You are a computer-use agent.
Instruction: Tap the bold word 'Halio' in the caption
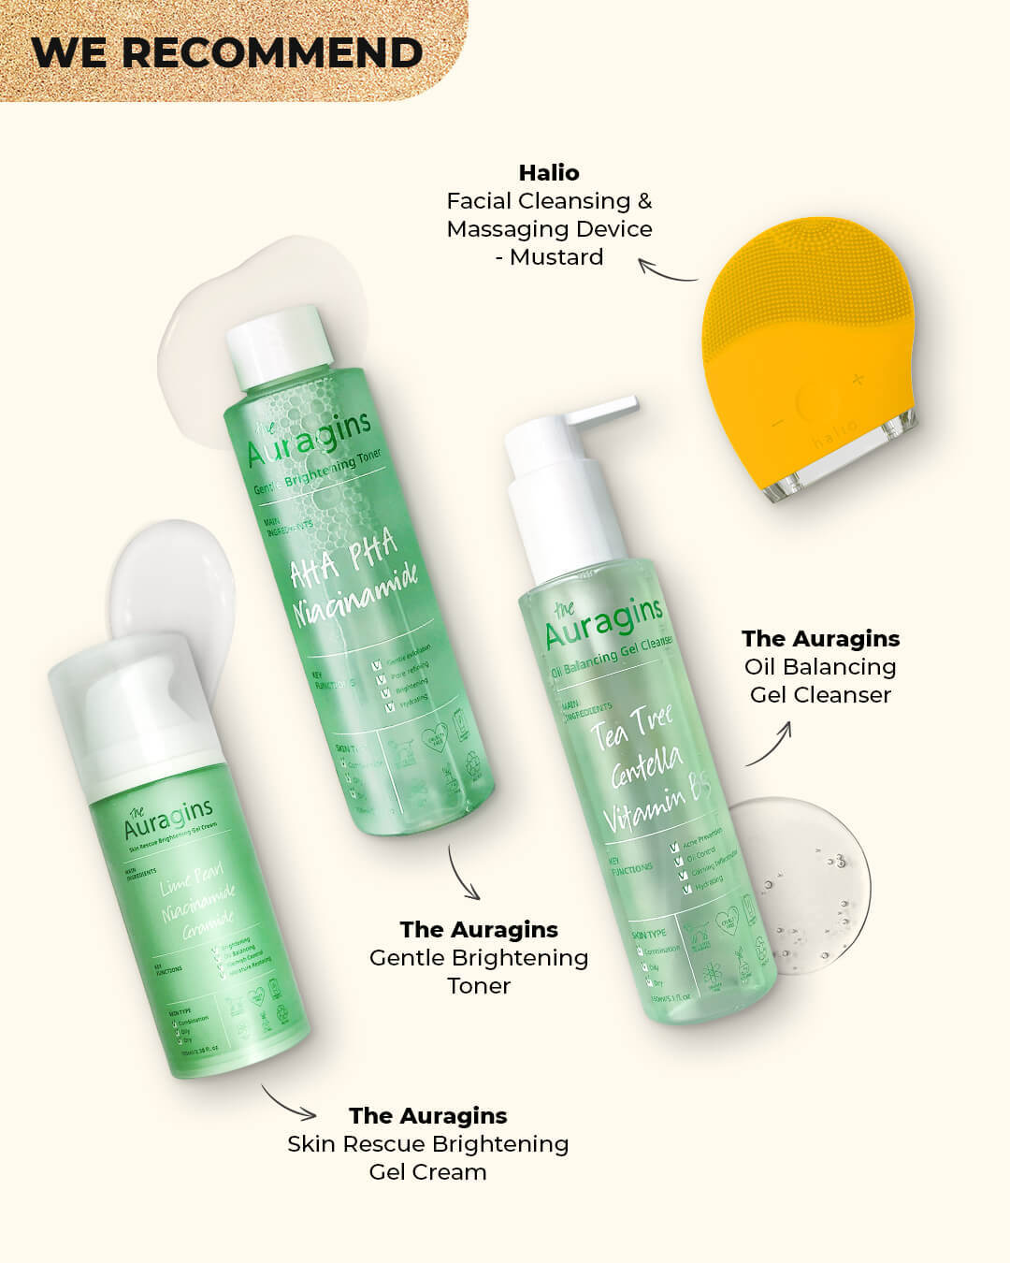click(549, 173)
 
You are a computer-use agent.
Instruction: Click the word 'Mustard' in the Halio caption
click(556, 257)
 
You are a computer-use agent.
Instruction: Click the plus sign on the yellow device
click(858, 379)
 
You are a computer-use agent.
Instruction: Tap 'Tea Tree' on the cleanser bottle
click(631, 727)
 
